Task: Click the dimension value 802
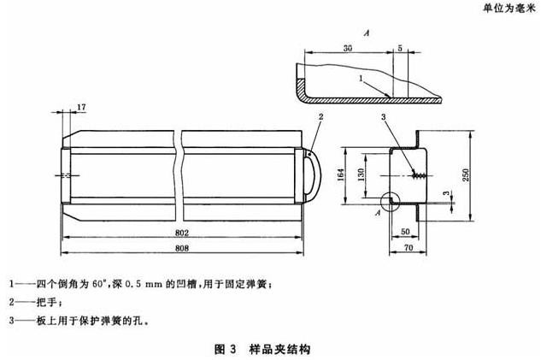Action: point(182,233)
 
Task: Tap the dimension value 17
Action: point(81,107)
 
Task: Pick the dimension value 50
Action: point(403,232)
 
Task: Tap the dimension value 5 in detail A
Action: point(402,50)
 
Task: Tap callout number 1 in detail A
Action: point(362,79)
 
